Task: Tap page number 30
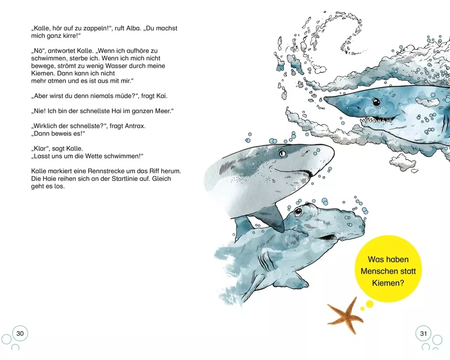[20, 334]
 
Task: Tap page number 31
[424, 334]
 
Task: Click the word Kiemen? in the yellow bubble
[388, 283]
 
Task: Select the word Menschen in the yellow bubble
[388, 271]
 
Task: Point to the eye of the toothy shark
[376, 102]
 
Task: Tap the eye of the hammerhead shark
[297, 212]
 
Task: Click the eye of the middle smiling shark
[282, 154]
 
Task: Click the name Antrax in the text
[135, 126]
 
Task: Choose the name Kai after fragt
[161, 96]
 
